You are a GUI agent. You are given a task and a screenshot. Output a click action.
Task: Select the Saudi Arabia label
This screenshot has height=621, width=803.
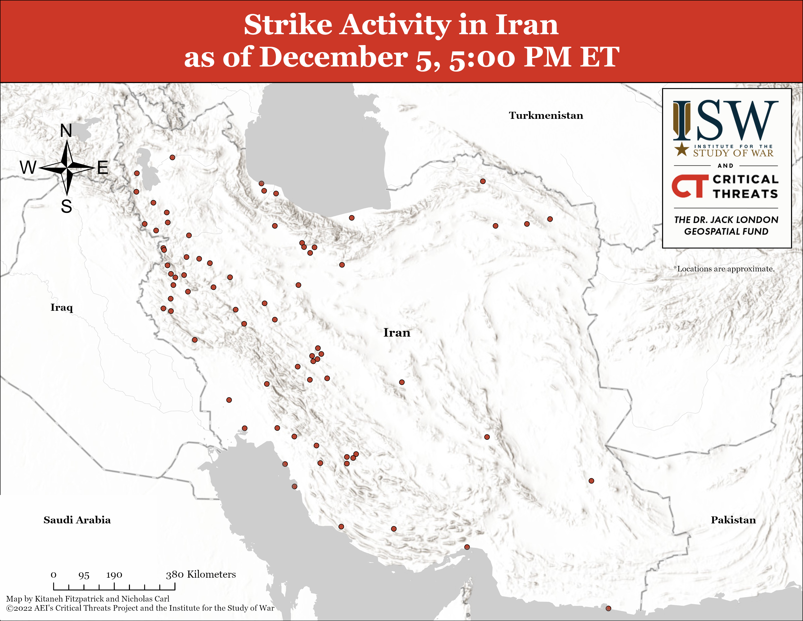pos(77,520)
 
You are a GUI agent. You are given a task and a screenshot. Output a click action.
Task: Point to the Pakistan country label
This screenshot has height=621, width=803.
pos(733,520)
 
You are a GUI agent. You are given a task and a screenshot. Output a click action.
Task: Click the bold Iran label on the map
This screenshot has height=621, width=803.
pos(397,333)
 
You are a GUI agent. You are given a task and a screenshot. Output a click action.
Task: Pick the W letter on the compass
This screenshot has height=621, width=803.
pos(28,168)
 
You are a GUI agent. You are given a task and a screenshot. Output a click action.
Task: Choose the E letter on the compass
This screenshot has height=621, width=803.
pos(103,168)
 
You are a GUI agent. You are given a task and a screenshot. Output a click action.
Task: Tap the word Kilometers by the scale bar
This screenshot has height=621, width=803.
pos(211,574)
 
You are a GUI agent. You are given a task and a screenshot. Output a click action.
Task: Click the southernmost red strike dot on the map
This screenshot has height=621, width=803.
pos(609,609)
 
